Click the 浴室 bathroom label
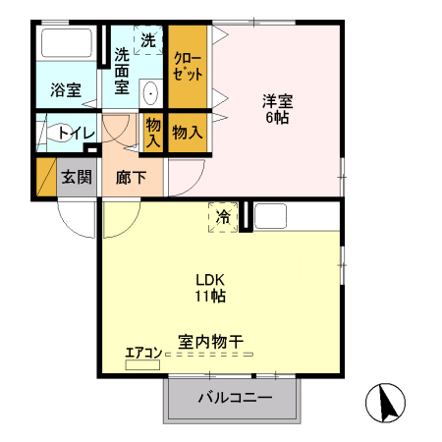(x=66, y=90)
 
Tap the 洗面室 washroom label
(x=121, y=70)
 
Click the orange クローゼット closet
(x=187, y=65)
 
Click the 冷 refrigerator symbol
(x=223, y=216)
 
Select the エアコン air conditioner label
(x=142, y=354)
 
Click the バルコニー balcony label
(x=233, y=398)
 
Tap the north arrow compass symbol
(x=384, y=403)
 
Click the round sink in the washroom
(x=151, y=94)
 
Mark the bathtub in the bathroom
(x=67, y=47)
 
